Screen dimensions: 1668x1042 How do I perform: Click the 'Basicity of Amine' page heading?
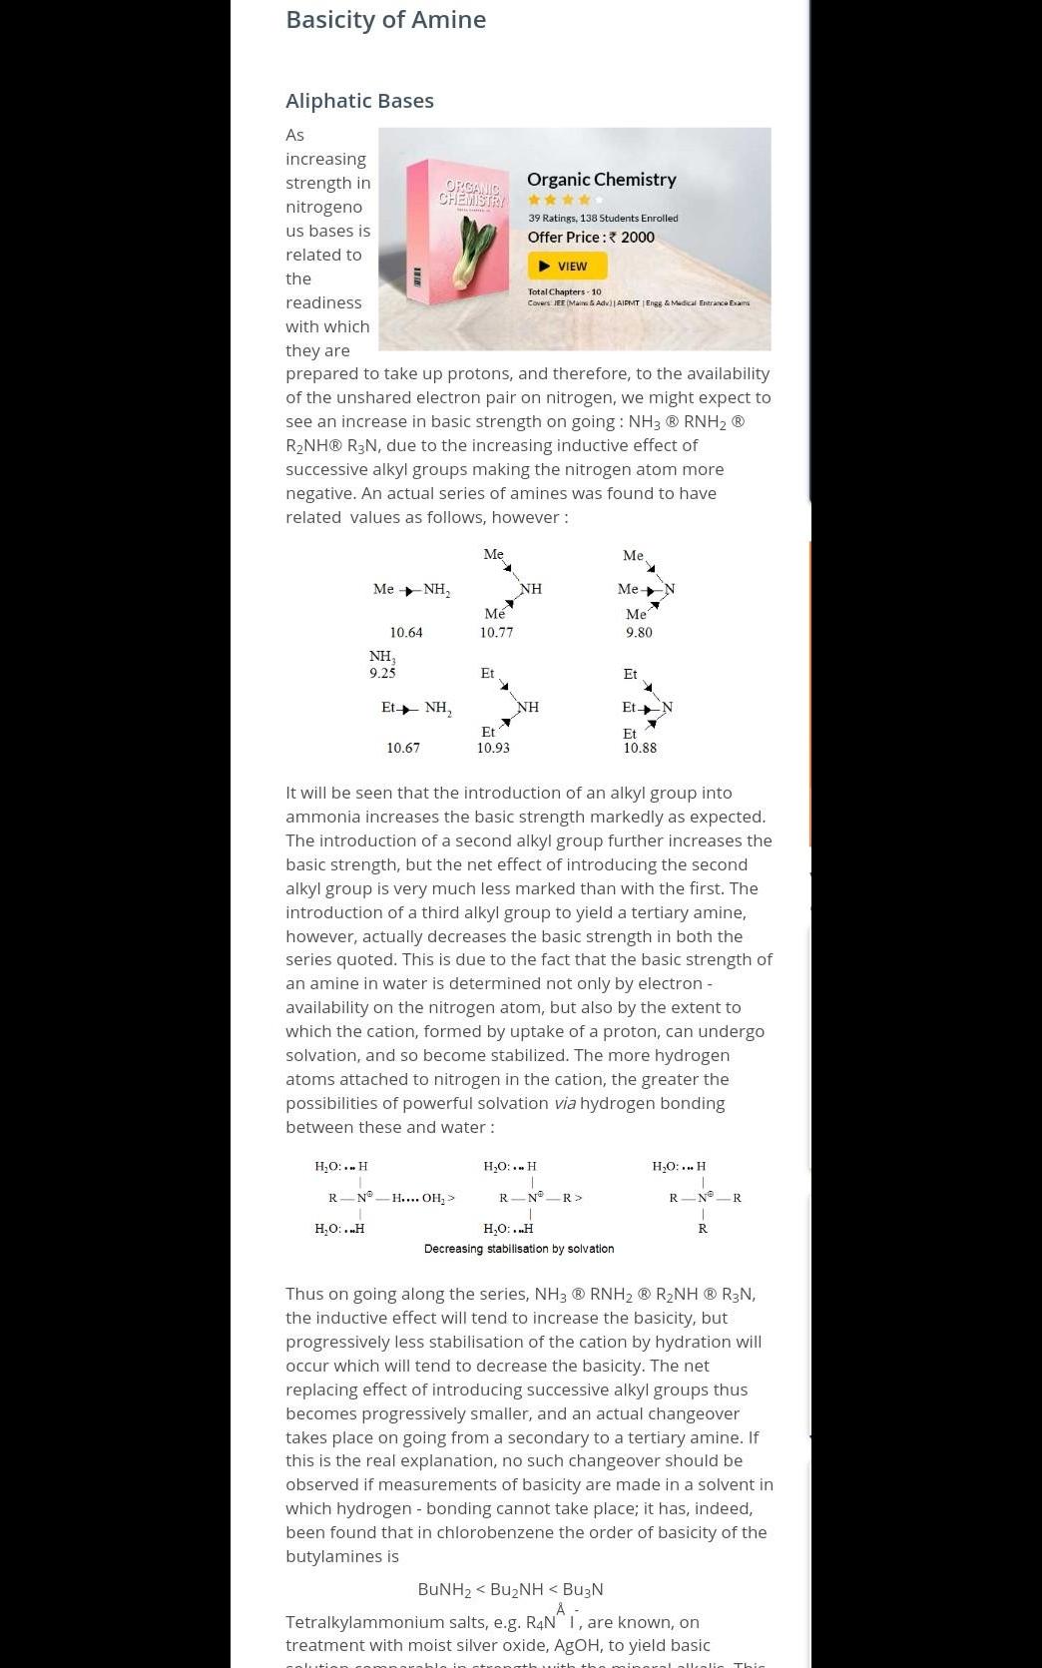point(385,20)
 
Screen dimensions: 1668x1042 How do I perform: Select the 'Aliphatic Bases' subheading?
point(359,101)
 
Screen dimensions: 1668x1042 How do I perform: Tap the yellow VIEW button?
point(567,266)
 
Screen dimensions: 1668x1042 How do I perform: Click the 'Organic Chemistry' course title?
point(601,180)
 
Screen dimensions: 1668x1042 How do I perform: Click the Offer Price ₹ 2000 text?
point(591,237)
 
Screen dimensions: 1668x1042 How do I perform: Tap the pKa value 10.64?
point(406,632)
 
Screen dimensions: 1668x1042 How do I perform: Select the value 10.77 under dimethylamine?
point(496,632)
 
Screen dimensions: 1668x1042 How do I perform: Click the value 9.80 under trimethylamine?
point(639,632)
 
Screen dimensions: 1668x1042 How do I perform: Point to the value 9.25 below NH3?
point(382,673)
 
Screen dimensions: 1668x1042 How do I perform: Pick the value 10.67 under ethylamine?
point(403,748)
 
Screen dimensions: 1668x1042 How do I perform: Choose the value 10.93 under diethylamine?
point(493,748)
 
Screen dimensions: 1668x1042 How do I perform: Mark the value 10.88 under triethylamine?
point(640,748)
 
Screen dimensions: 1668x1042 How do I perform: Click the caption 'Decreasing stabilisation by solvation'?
point(519,1249)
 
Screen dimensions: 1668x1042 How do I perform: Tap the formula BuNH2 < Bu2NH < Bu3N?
point(510,1589)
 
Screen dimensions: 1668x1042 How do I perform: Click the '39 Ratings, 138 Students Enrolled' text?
point(603,218)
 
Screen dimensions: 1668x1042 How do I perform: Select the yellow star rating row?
point(565,200)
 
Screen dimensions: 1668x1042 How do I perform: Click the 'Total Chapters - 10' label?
point(564,291)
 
